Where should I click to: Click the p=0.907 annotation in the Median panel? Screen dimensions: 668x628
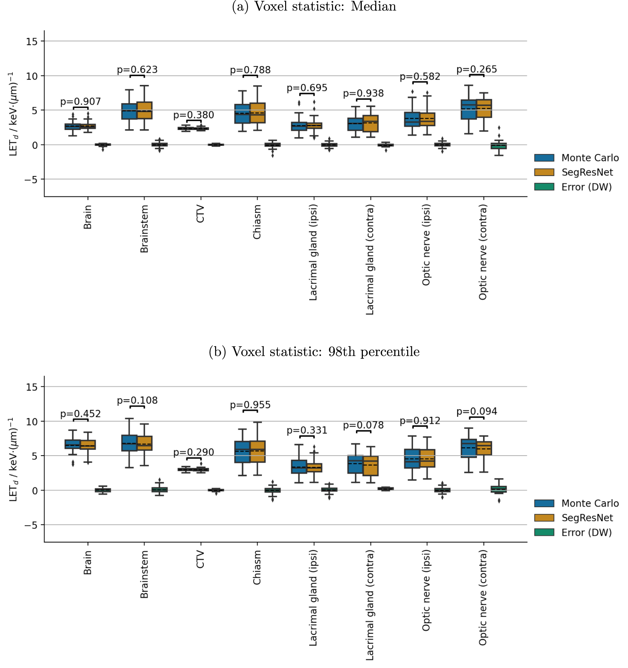(x=80, y=102)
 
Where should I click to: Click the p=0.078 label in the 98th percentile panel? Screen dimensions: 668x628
(x=363, y=425)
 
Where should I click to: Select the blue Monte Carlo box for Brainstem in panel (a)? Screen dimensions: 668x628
(x=129, y=111)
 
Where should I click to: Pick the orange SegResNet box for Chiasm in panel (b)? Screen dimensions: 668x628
(x=258, y=451)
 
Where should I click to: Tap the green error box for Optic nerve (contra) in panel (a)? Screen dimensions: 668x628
(x=499, y=146)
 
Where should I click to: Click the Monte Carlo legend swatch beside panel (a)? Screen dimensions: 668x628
(x=544, y=158)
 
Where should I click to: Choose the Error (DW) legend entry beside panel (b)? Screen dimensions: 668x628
(x=586, y=533)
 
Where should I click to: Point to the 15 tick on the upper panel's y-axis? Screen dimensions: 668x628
(x=32, y=41)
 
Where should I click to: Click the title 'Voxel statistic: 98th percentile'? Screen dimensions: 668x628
(x=314, y=351)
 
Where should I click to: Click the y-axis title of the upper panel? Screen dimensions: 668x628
(x=13, y=114)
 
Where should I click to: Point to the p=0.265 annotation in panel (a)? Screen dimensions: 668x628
(x=477, y=69)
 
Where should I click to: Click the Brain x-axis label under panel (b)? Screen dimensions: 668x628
(x=88, y=562)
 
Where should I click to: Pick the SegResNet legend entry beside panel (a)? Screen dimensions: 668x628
(x=587, y=172)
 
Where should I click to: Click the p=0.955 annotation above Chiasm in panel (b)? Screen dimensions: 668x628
(x=250, y=405)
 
